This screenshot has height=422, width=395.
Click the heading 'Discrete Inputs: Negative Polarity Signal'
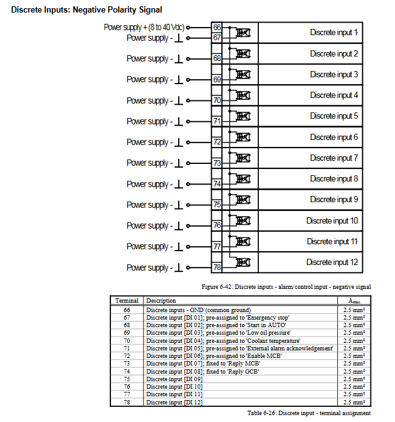tap(87, 10)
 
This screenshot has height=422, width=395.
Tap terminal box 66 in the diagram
tap(217, 28)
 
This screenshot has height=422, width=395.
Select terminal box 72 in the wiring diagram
tap(217, 142)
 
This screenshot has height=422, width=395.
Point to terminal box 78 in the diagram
tap(217, 268)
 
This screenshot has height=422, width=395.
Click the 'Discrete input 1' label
tap(334, 33)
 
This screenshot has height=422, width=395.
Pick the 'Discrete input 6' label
tap(334, 137)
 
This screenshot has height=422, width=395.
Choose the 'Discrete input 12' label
tap(332, 262)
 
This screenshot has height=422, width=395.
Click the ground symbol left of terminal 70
tap(179, 100)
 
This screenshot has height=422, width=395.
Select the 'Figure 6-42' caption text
tap(286, 286)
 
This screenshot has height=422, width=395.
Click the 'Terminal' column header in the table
tap(127, 301)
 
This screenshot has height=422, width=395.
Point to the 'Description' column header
tap(161, 301)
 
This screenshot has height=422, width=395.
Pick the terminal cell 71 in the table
tap(127, 348)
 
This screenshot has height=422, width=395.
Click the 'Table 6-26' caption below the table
tap(308, 413)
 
